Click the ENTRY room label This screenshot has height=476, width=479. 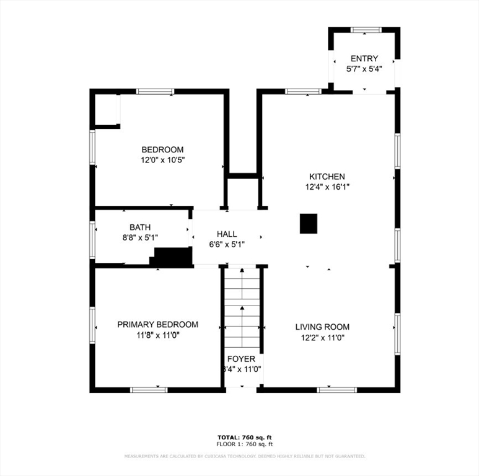[364, 59]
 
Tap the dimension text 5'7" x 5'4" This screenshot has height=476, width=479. [364, 69]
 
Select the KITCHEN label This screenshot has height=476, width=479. [327, 177]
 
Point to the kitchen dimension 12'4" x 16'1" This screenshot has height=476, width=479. [327, 187]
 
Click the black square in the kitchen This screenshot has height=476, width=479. [309, 223]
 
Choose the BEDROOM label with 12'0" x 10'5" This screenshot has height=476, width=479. [162, 149]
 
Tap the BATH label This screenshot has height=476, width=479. [140, 227]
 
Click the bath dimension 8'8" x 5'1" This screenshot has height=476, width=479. [140, 237]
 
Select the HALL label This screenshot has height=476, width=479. [227, 234]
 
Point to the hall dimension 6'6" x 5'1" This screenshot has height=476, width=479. [227, 244]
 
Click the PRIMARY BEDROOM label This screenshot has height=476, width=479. [158, 325]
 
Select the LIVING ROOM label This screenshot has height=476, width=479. [322, 327]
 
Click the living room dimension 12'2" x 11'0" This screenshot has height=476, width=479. [322, 338]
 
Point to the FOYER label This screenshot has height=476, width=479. [241, 359]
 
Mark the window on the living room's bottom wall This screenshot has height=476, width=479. [336, 390]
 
